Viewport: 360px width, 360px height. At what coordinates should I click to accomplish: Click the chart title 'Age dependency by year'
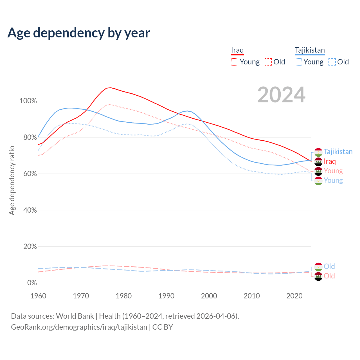pyautogui.click(x=79, y=33)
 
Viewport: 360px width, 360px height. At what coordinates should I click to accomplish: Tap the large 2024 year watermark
pyautogui.click(x=281, y=95)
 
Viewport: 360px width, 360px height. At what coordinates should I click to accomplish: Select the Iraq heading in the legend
pyautogui.click(x=237, y=50)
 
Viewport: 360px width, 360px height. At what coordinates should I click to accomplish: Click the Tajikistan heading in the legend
pyautogui.click(x=310, y=50)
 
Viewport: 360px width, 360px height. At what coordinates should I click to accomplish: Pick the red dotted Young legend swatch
pyautogui.click(x=235, y=62)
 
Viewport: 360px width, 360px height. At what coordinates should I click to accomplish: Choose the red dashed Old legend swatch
pyautogui.click(x=268, y=62)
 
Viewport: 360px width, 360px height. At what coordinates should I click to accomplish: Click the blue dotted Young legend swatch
pyautogui.click(x=298, y=62)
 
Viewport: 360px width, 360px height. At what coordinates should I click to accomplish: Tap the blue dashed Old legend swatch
pyautogui.click(x=332, y=62)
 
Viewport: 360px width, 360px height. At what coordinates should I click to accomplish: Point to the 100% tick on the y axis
pyautogui.click(x=28, y=101)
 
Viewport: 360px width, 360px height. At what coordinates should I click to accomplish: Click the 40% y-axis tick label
pyautogui.click(x=30, y=210)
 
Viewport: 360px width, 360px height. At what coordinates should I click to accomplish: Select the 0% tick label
pyautogui.click(x=32, y=283)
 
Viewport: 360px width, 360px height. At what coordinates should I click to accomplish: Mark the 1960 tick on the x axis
pyautogui.click(x=38, y=296)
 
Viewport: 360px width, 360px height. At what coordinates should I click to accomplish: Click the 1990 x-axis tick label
pyautogui.click(x=166, y=296)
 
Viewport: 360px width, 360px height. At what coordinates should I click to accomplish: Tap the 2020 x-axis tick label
pyautogui.click(x=294, y=296)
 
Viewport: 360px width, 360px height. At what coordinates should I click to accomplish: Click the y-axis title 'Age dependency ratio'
pyautogui.click(x=12, y=180)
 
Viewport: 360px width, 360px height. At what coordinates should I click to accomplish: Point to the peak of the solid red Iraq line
pyautogui.click(x=110, y=88)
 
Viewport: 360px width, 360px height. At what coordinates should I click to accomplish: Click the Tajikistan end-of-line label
pyautogui.click(x=338, y=152)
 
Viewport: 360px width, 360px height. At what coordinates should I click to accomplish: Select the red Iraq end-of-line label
pyautogui.click(x=330, y=161)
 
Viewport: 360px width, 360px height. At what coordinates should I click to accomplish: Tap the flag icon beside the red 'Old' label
pyautogui.click(x=318, y=276)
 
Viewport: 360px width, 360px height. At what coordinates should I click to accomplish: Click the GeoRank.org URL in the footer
pyautogui.click(x=79, y=327)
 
